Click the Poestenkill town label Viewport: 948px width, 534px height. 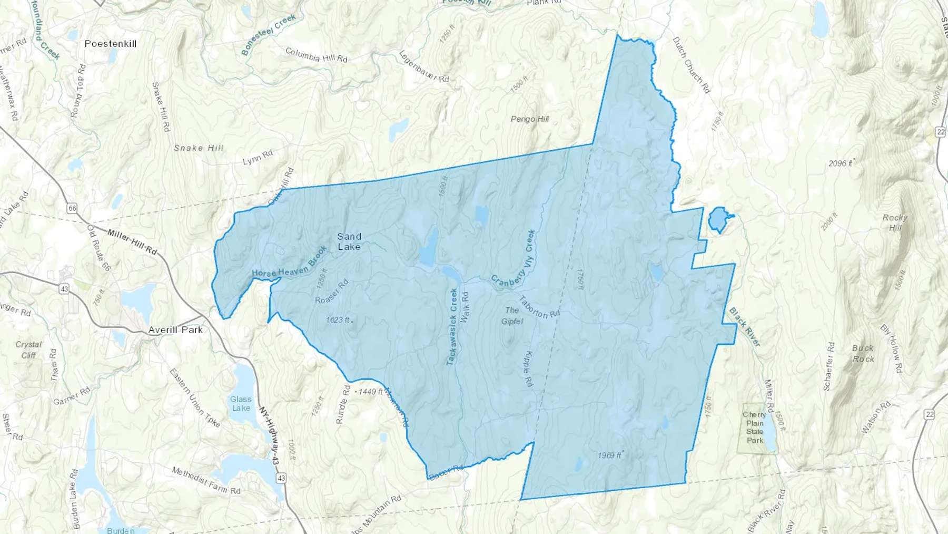111,44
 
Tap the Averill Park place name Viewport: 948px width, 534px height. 175,330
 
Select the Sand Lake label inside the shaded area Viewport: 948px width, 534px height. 349,241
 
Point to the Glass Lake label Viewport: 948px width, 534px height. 241,404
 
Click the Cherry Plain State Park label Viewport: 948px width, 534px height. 754,427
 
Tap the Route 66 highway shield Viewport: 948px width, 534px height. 72,208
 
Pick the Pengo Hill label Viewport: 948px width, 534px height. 529,119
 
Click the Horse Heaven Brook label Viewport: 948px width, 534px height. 290,265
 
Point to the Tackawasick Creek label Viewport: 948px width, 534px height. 452,327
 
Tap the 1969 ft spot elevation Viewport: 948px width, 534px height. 610,455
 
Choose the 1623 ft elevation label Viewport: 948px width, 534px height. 338,320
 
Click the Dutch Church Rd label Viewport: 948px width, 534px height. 691,65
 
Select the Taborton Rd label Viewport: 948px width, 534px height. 539,307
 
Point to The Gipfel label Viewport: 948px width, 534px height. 512,316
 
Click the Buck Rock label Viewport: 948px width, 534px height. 863,354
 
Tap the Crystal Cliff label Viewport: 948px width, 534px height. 28,349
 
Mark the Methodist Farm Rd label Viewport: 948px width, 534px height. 206,480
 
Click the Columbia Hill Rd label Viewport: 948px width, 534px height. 316,55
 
